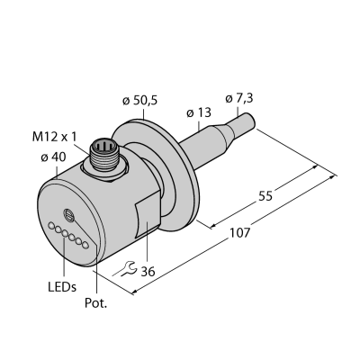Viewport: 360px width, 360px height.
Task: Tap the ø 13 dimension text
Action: click(x=199, y=113)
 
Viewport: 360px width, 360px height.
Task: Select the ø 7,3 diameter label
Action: click(x=238, y=98)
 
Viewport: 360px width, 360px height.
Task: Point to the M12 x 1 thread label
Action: click(x=55, y=137)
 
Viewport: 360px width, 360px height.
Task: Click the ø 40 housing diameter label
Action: click(x=53, y=157)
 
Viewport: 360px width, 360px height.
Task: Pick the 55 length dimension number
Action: click(x=265, y=196)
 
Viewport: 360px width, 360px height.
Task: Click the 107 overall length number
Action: click(x=239, y=233)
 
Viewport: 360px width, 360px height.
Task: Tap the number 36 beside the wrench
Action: click(x=148, y=272)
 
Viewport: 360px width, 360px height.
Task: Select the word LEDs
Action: click(x=62, y=287)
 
